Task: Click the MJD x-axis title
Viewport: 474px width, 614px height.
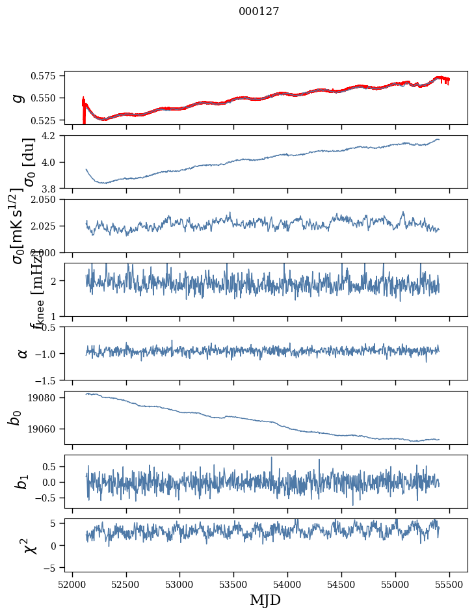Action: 265,600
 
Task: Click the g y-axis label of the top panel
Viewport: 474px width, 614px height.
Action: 19,98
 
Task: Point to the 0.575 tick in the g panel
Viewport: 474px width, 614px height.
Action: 48,76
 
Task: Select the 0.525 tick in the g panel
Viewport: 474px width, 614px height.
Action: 48,120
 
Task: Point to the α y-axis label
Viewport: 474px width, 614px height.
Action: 23,353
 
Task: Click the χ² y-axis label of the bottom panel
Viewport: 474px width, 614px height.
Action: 29,546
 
